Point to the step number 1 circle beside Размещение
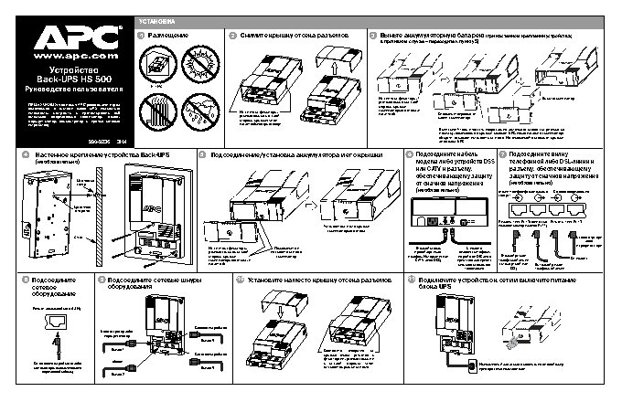click(140, 35)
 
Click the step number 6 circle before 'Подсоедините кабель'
click(409, 156)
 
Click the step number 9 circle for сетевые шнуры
click(101, 279)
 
